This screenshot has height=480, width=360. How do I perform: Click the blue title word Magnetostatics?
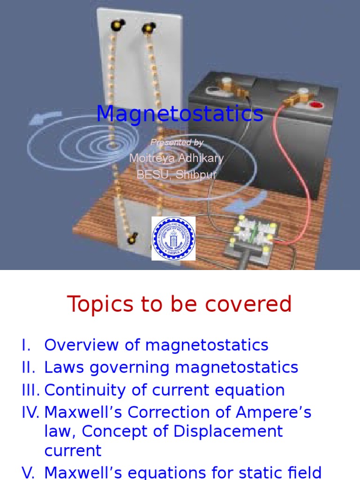(x=180, y=114)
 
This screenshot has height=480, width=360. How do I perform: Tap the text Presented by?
(x=177, y=142)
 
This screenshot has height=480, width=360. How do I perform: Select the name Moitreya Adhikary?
(x=176, y=158)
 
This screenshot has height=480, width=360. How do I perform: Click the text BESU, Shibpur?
(x=176, y=174)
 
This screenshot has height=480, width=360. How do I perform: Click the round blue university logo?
(x=173, y=239)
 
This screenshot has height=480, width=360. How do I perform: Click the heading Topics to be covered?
(x=180, y=305)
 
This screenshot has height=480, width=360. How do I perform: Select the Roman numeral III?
(x=31, y=390)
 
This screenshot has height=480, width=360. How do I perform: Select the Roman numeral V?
(x=29, y=472)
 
